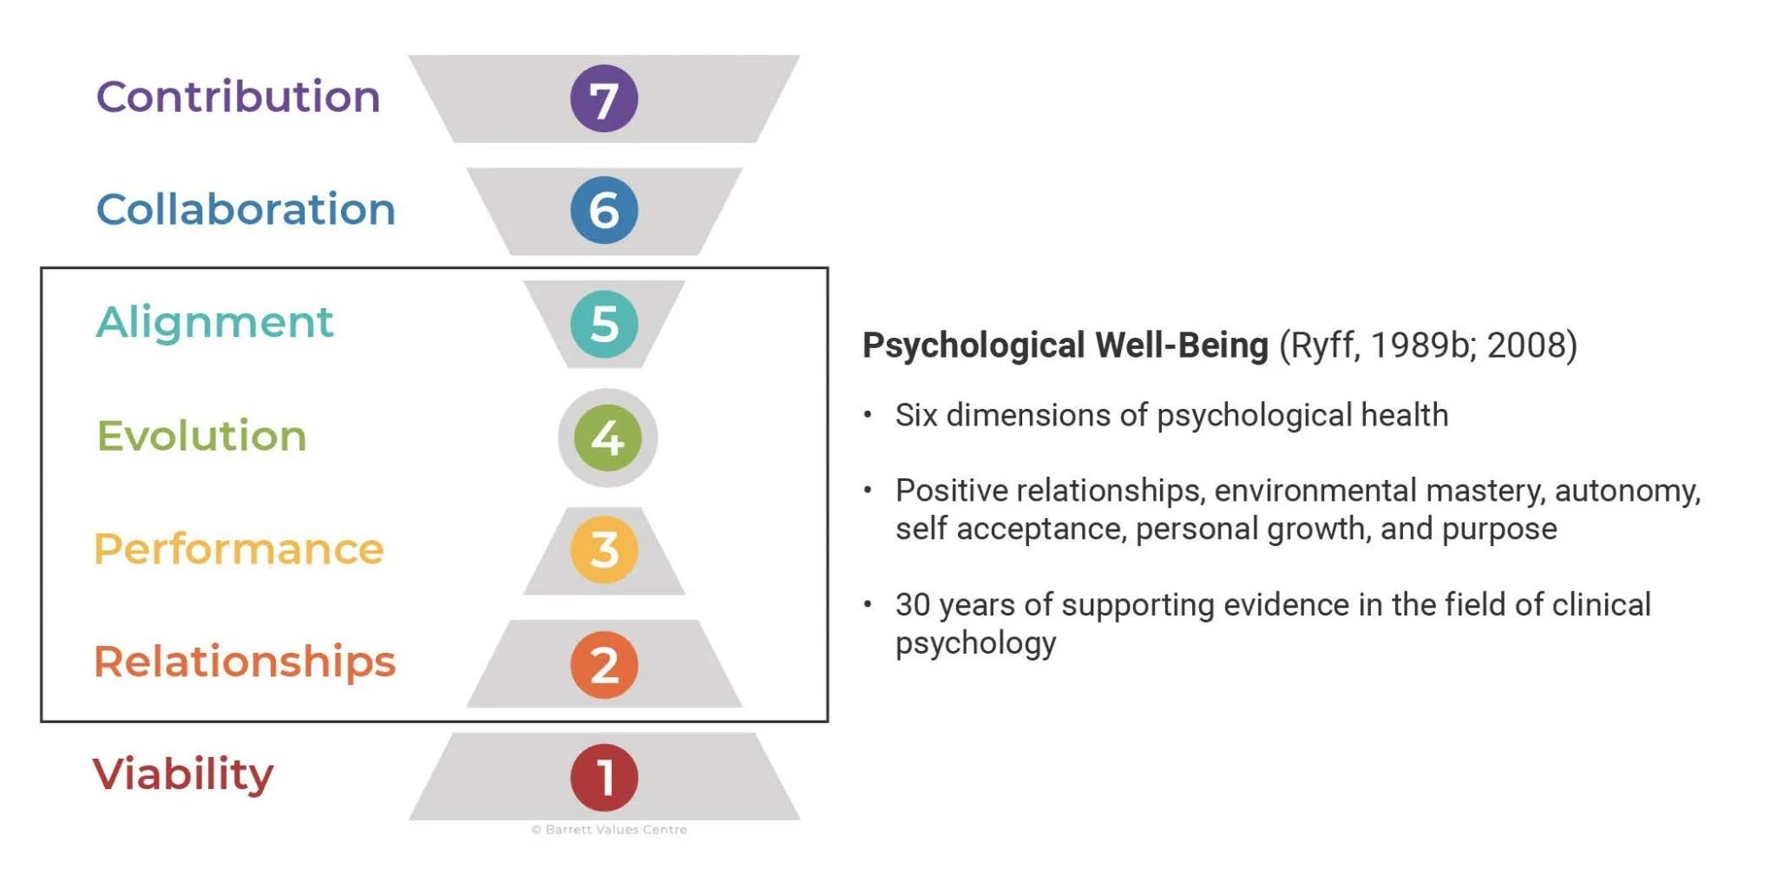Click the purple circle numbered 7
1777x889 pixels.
pyautogui.click(x=604, y=98)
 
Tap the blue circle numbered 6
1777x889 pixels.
pyautogui.click(x=604, y=210)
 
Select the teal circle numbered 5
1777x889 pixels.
pyautogui.click(x=604, y=324)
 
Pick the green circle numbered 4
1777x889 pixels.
pyautogui.click(x=607, y=438)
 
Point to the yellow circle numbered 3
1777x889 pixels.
pyautogui.click(x=604, y=550)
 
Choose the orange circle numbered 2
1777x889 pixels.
pyautogui.click(x=604, y=664)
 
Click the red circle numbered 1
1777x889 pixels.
pyautogui.click(x=604, y=777)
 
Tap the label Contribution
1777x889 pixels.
pyautogui.click(x=238, y=96)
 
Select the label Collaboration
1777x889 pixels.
pyautogui.click(x=246, y=209)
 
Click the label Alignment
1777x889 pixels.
pyautogui.click(x=214, y=322)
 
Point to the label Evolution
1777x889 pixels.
pyautogui.click(x=201, y=436)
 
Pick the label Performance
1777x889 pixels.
pyautogui.click(x=239, y=549)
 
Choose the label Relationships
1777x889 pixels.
pyautogui.click(x=245, y=662)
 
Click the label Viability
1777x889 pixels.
pyautogui.click(x=183, y=774)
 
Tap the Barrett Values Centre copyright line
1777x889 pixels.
pyautogui.click(x=609, y=830)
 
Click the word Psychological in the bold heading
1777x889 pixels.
pyautogui.click(x=974, y=346)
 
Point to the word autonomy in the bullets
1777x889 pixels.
pyautogui.click(x=1626, y=491)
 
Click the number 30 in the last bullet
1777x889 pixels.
pyautogui.click(x=913, y=605)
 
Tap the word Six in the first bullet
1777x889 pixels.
pyautogui.click(x=915, y=416)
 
